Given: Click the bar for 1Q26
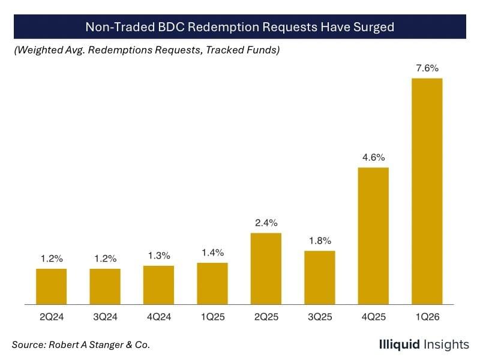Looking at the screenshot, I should [427, 191].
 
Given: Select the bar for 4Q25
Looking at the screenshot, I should [373, 235].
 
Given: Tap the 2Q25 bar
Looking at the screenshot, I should [266, 268].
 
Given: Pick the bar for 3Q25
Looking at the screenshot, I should [319, 277].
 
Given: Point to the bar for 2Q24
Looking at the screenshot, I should [51, 286].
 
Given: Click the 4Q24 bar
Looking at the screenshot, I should [158, 284].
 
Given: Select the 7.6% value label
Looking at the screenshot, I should [427, 68].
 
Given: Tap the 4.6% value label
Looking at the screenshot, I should [373, 158].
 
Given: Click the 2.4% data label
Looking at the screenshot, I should [266, 223].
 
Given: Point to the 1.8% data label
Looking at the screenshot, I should [319, 241].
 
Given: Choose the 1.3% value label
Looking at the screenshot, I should [158, 256].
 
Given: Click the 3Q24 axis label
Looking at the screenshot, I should [105, 317].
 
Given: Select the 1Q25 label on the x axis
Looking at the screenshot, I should [212, 317].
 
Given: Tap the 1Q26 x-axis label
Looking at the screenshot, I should [427, 317].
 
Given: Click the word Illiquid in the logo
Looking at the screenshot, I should [400, 344].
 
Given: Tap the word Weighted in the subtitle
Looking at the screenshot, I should [39, 50].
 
